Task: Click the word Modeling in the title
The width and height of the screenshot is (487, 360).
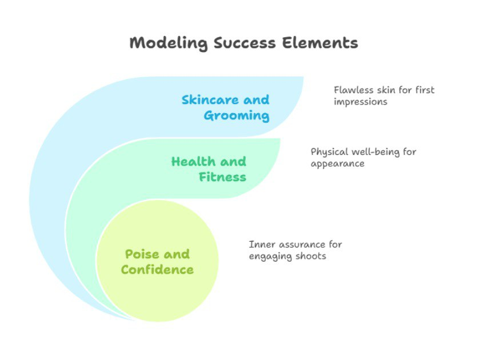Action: (169, 43)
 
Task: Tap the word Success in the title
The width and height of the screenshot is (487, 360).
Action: (245, 43)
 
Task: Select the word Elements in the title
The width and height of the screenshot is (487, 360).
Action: (320, 43)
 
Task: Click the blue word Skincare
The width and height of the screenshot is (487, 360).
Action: (210, 99)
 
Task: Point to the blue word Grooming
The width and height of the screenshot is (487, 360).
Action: (237, 116)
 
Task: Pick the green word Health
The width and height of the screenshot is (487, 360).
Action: (193, 162)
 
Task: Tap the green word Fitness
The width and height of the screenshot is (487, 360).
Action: (222, 177)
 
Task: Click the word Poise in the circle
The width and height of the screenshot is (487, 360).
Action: (142, 254)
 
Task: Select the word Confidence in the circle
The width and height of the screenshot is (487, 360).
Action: (157, 270)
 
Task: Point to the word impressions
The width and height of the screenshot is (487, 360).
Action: (360, 102)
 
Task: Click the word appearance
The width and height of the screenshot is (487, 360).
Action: (337, 164)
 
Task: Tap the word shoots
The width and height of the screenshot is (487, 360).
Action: (310, 256)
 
